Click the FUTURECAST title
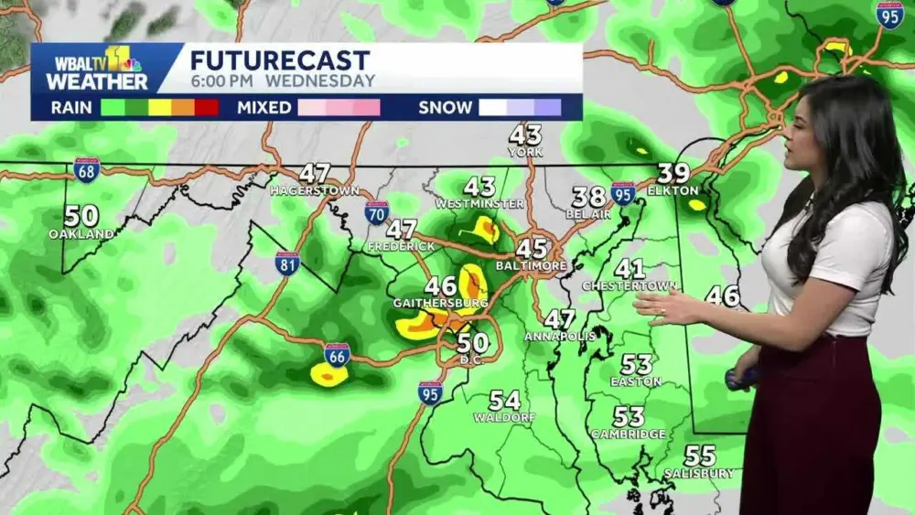tap(280, 60)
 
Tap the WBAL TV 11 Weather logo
tap(97, 69)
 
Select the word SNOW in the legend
tap(446, 107)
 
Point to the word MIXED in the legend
tap(264, 107)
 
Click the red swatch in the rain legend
tap(207, 107)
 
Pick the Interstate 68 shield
tap(87, 169)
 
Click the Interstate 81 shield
tap(287, 263)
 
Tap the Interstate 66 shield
tap(337, 355)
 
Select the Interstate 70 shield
tap(376, 213)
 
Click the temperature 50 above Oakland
tap(81, 217)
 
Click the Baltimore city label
tap(532, 265)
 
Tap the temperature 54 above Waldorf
tap(504, 401)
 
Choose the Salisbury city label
tap(699, 473)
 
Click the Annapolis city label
tap(559, 337)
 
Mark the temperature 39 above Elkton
tap(673, 173)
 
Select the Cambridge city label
tap(628, 434)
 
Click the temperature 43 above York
tap(526, 135)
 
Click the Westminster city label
tap(479, 203)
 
